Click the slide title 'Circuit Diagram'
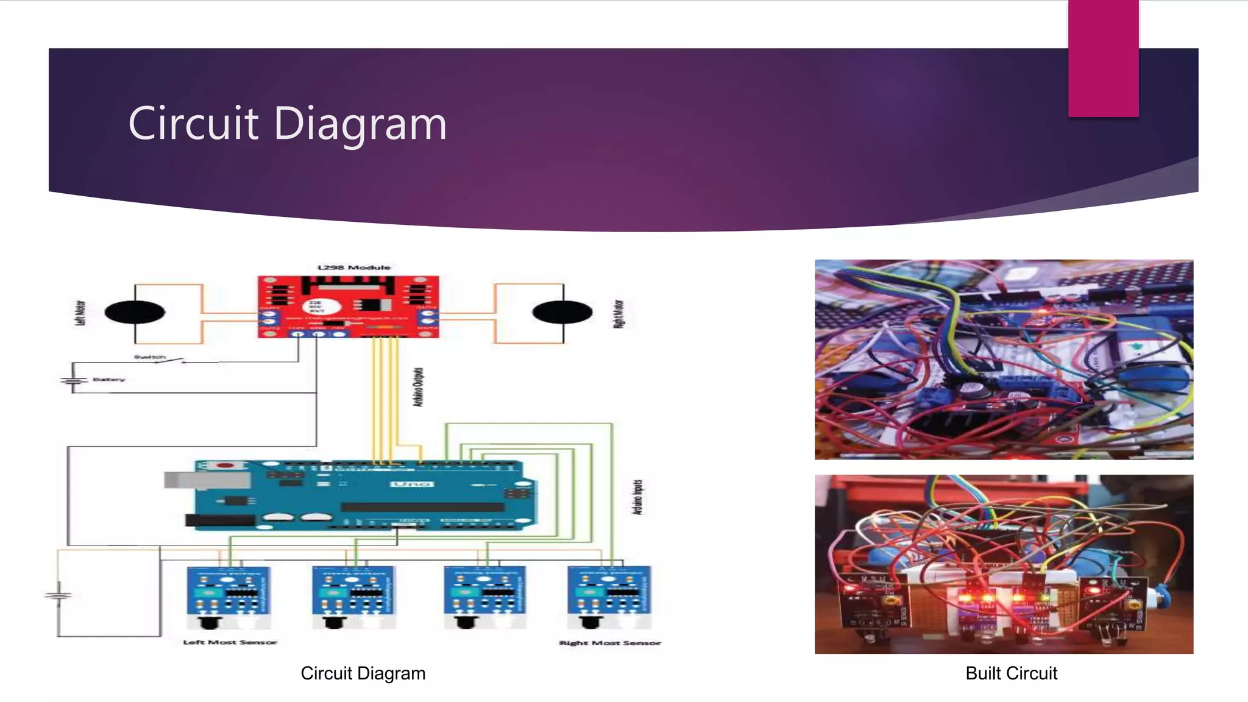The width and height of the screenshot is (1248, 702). [x=287, y=124]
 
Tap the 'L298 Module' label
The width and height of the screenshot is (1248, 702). [x=354, y=268]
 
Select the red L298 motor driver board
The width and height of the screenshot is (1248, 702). [x=348, y=307]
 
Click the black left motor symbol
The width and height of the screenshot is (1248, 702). [x=135, y=313]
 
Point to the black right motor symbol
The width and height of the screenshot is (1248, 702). [x=562, y=313]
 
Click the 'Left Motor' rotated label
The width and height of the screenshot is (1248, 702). [x=80, y=313]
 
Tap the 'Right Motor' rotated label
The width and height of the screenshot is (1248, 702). [x=619, y=314]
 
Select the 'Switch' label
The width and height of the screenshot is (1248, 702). [x=149, y=357]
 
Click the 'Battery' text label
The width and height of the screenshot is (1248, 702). [x=108, y=380]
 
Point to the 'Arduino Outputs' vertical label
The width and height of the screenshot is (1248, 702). [x=418, y=387]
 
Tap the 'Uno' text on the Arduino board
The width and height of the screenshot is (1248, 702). [x=413, y=484]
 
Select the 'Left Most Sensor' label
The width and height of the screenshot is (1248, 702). [x=230, y=642]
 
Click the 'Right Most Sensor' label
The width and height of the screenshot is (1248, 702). [x=610, y=643]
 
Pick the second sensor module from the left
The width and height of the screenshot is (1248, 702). [x=353, y=596]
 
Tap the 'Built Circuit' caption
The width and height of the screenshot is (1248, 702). [x=1011, y=673]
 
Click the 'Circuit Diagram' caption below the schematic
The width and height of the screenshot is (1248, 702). [x=363, y=673]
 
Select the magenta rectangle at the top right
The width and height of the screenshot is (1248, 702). [x=1103, y=58]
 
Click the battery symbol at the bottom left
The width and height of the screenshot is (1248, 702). [x=58, y=594]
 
